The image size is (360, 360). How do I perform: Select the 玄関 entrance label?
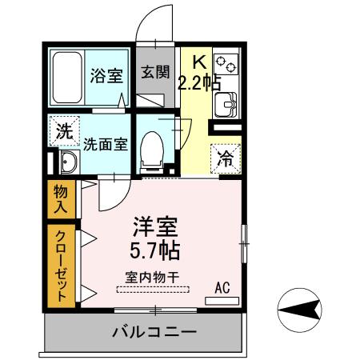(x=155, y=73)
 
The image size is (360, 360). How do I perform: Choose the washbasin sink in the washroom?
(x=67, y=164)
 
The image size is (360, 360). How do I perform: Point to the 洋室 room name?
(x=154, y=227)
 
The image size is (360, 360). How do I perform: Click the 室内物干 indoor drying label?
(x=152, y=278)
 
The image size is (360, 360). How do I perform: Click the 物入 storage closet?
(x=61, y=198)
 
